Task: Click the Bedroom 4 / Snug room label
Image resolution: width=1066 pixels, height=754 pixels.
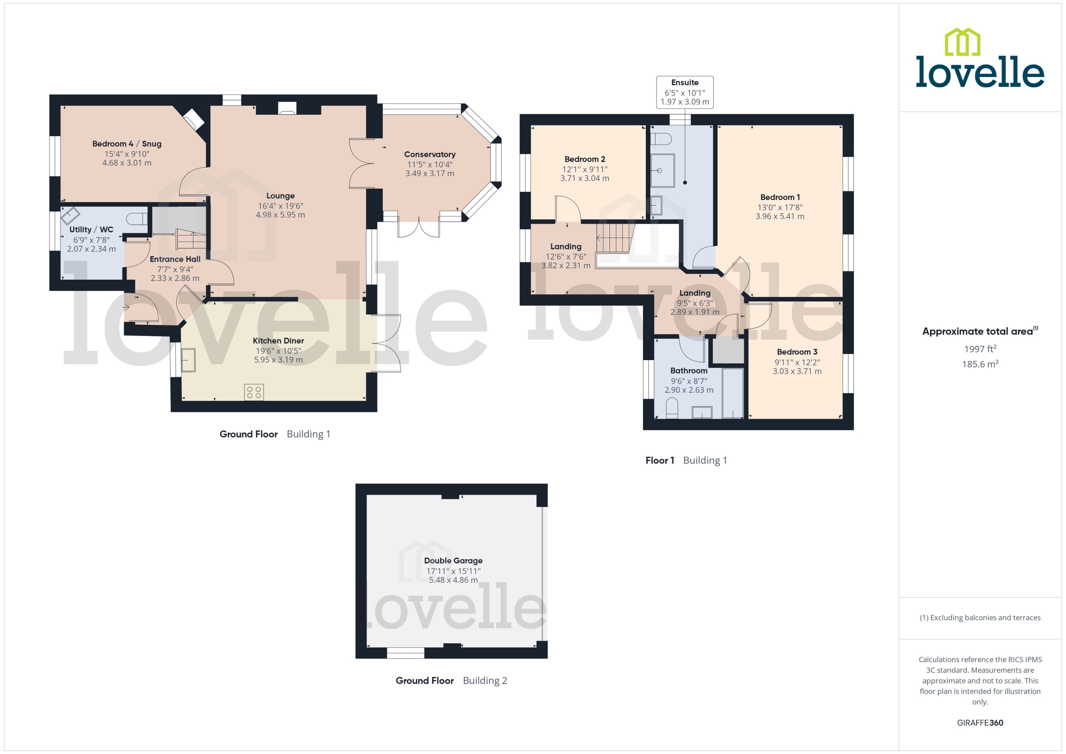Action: click(x=127, y=144)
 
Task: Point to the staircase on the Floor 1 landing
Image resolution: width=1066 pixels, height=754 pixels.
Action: click(x=615, y=238)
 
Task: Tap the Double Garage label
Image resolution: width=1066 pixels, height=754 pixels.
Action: click(x=453, y=561)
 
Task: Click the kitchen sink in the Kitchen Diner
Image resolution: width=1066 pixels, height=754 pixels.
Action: click(x=188, y=360)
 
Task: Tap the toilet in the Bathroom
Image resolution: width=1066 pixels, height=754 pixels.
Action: click(x=672, y=409)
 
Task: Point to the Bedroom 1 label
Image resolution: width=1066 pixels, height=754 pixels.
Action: click(x=780, y=197)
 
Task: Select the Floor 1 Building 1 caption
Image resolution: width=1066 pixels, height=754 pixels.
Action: click(x=686, y=461)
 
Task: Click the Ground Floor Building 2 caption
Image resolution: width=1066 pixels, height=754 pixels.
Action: click(x=451, y=681)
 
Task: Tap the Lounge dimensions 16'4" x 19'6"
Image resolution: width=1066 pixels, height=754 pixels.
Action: click(x=280, y=206)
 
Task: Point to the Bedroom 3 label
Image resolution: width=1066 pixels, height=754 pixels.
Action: click(x=797, y=352)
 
